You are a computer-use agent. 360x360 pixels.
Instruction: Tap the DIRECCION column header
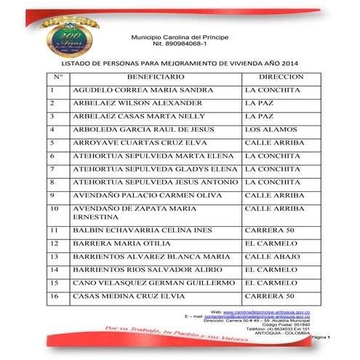click(x=281, y=76)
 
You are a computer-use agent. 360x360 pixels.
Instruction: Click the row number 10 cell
click(x=55, y=208)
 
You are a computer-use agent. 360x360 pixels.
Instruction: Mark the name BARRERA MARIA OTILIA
click(x=115, y=244)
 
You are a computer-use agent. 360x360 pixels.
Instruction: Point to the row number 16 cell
click(x=55, y=296)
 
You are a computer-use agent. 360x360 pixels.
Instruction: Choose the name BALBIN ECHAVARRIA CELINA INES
click(x=141, y=231)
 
